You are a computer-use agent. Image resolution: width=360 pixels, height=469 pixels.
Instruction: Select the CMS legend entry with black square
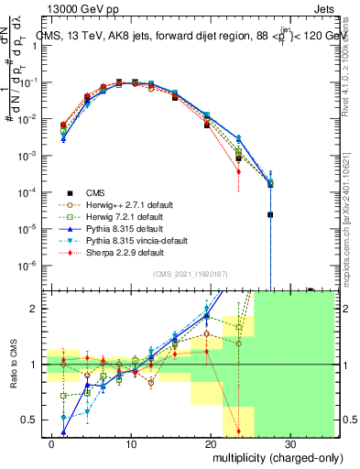pyautogui.click(x=95, y=191)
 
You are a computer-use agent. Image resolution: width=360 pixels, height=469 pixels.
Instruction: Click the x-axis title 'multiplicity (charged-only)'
pyautogui.click(x=267, y=456)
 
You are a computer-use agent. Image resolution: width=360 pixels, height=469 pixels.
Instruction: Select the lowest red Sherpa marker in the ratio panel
pyautogui.click(x=238, y=431)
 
